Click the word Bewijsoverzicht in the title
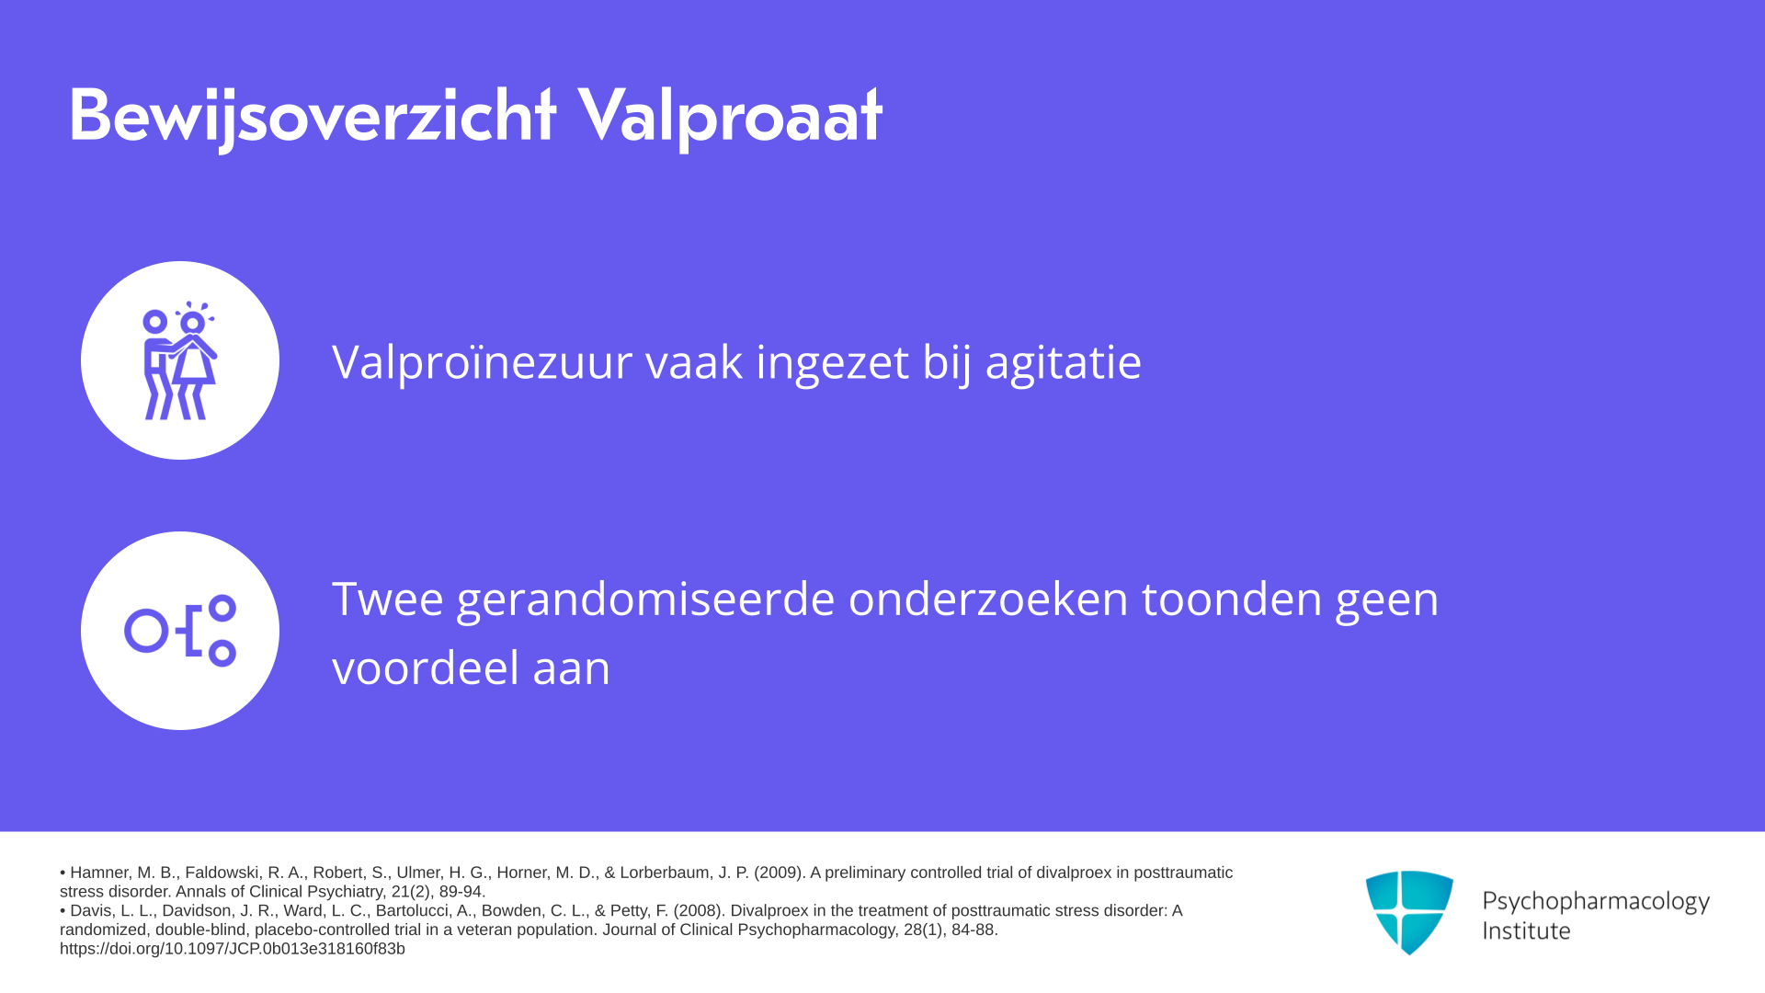(313, 117)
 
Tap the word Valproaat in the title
(731, 117)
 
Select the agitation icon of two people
(180, 360)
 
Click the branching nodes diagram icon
(180, 631)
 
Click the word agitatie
(1064, 362)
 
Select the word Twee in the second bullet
(388, 599)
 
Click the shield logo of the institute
(1409, 912)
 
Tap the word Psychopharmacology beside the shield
(1596, 902)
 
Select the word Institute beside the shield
(1526, 930)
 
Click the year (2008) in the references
(700, 911)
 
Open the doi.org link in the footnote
(233, 949)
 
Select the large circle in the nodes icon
(146, 631)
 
